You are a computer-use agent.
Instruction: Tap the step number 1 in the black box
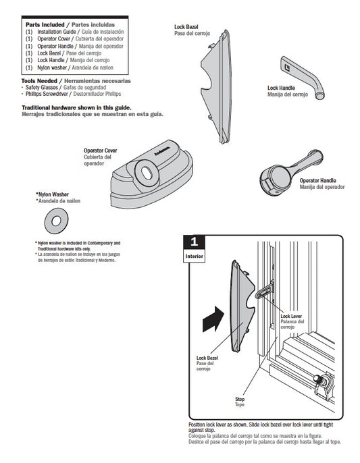(195, 241)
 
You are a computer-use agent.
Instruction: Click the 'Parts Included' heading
(45, 24)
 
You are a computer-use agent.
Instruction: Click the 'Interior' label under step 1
(195, 256)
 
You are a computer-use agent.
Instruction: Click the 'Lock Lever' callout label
(291, 316)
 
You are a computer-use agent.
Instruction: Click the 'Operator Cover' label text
(100, 150)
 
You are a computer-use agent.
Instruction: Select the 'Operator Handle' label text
(317, 181)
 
